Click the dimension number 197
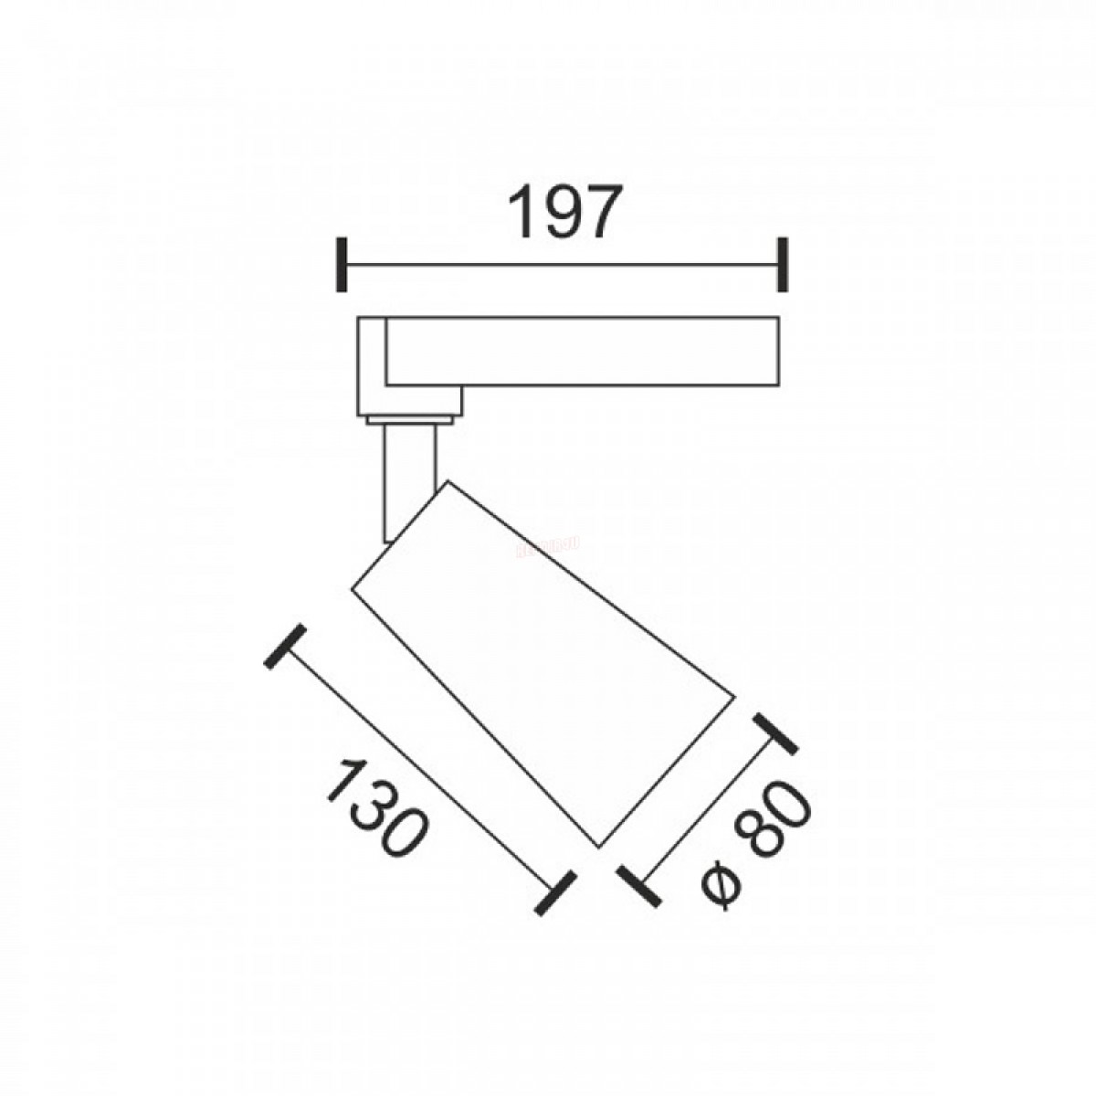(x=562, y=212)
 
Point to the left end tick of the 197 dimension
(x=342, y=265)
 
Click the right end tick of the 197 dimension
(x=783, y=265)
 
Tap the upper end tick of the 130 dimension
(x=286, y=647)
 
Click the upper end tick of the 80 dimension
(x=775, y=734)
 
